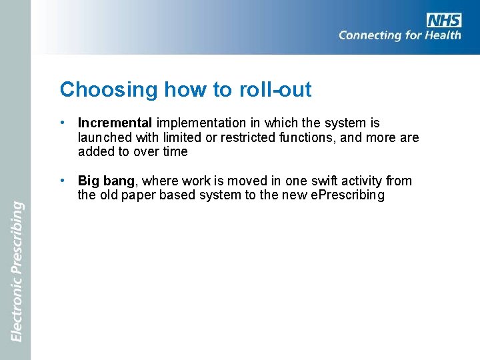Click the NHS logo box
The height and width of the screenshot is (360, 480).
pyautogui.click(x=444, y=20)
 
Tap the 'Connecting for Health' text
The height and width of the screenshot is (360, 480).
pyautogui.click(x=399, y=35)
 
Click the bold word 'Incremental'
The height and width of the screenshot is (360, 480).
pyautogui.click(x=115, y=123)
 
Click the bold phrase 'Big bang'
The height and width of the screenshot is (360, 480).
pyautogui.click(x=106, y=181)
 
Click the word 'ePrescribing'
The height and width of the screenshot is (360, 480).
pyautogui.click(x=347, y=196)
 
